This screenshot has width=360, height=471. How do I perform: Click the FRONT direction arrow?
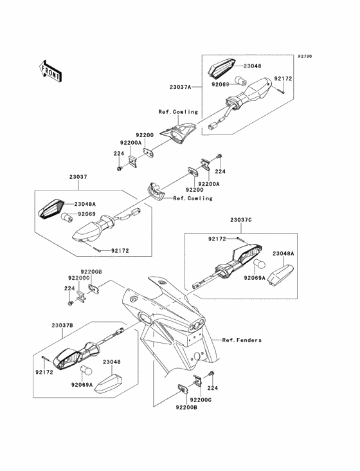click(x=50, y=71)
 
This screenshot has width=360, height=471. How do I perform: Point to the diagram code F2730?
click(x=305, y=56)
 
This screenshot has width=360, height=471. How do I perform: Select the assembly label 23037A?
click(x=180, y=87)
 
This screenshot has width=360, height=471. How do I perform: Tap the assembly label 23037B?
click(x=62, y=326)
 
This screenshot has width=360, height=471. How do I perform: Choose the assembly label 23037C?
click(x=241, y=220)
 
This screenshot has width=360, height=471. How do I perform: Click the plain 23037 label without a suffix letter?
click(x=78, y=177)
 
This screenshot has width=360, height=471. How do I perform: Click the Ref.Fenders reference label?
click(x=242, y=340)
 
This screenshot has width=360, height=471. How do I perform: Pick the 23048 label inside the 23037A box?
click(x=252, y=66)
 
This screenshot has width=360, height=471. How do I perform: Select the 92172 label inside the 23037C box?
click(x=217, y=239)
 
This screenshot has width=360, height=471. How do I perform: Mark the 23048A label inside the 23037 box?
click(x=85, y=204)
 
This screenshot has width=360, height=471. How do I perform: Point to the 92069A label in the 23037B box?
click(x=82, y=385)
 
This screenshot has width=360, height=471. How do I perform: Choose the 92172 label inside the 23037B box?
click(x=44, y=372)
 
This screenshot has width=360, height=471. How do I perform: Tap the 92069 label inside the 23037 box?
click(x=87, y=214)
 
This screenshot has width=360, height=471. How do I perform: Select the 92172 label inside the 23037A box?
click(x=283, y=78)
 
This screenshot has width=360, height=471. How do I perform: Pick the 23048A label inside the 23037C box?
click(x=283, y=254)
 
